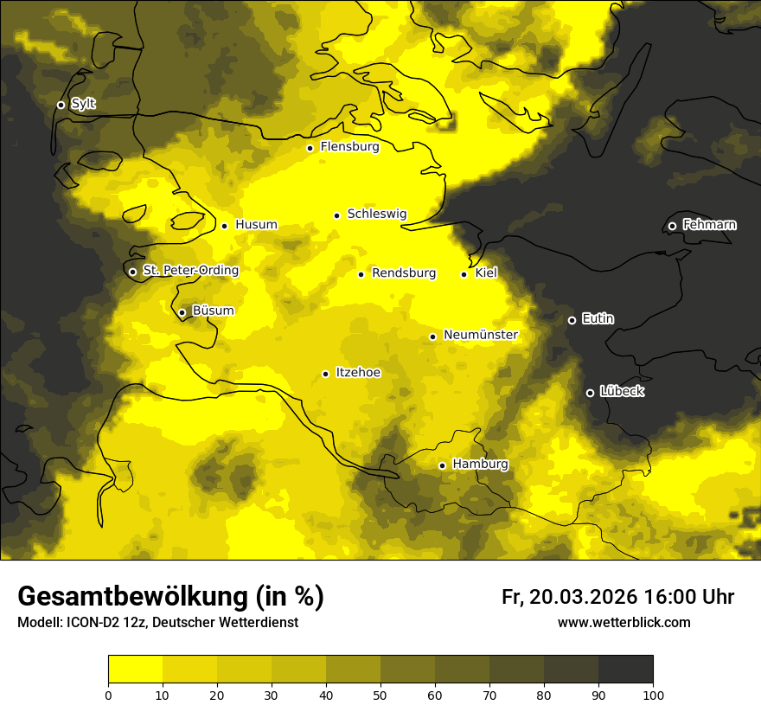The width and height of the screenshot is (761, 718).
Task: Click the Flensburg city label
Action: coord(349,147)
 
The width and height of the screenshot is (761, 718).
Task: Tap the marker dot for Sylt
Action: coord(61,105)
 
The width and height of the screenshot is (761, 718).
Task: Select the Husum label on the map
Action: coord(256,225)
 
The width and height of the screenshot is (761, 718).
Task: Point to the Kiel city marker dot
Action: coord(464,274)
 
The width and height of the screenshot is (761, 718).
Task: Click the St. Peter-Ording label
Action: coord(190,271)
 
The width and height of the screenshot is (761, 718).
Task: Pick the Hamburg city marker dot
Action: coord(442,465)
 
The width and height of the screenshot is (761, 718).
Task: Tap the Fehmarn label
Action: coord(709,225)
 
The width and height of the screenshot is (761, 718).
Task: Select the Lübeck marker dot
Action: coord(590,393)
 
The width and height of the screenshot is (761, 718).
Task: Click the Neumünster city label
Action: coord(480,335)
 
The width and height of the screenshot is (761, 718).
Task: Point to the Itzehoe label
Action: coord(358,373)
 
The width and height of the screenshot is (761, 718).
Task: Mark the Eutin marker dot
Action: coord(572,320)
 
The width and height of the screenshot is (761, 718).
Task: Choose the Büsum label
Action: coord(213,311)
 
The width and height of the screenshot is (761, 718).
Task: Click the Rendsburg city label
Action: coord(403,273)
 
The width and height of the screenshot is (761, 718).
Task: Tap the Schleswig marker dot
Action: coord(336,215)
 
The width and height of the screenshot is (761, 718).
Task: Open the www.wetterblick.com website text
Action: coord(624,623)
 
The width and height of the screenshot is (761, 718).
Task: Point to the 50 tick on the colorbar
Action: coord(380,694)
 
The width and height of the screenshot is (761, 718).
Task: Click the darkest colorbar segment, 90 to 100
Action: coord(625,670)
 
